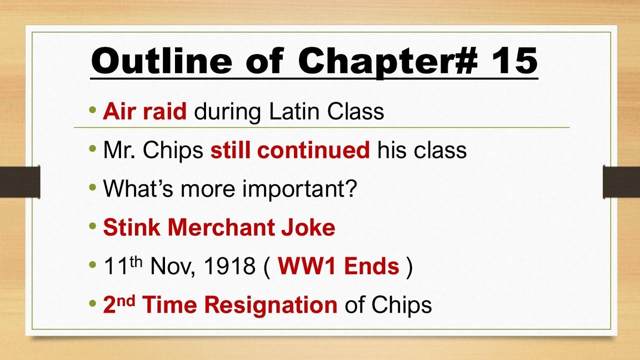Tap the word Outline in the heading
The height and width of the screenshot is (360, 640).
[x=161, y=61]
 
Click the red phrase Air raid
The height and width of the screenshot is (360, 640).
[x=145, y=111]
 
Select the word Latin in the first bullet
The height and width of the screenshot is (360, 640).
[x=295, y=111]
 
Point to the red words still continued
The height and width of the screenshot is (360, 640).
[x=290, y=150]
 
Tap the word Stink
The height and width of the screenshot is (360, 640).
[x=131, y=227]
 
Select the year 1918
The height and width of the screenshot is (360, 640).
[x=230, y=266]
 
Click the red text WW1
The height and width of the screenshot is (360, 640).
[x=305, y=266]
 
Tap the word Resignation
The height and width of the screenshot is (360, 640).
[x=270, y=305]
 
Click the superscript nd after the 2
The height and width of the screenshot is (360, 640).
[x=126, y=299]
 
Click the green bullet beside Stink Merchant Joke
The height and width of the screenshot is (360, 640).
[x=92, y=226]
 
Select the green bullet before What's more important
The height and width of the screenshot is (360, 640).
[x=92, y=187]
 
